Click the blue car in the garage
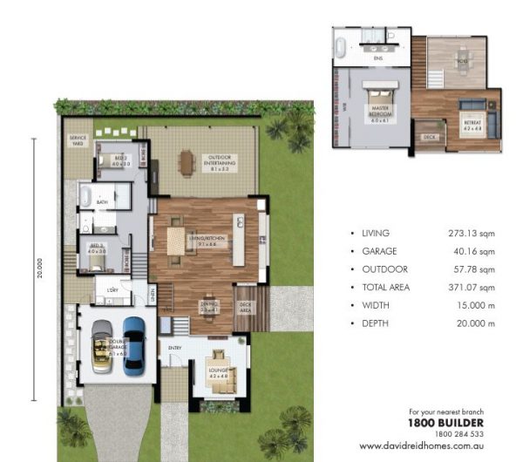click(x=133, y=345)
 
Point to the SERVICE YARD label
click(x=74, y=141)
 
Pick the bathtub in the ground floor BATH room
click(x=86, y=200)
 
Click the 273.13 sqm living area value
click(x=475, y=234)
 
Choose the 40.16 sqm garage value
click(x=478, y=251)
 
